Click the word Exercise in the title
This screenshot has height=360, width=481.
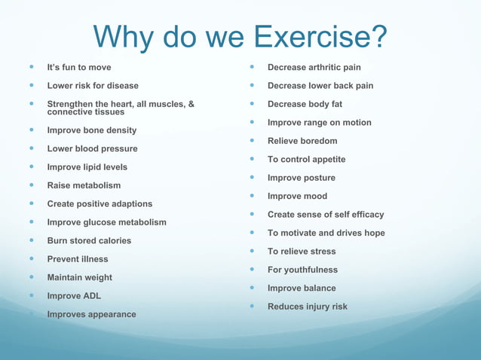(321, 35)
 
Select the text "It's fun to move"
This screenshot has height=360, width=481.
(78, 68)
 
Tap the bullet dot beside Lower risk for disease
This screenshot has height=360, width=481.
(32, 86)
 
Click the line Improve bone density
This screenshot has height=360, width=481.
(92, 130)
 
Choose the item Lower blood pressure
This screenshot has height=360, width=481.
(92, 148)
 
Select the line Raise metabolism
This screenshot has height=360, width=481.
(84, 185)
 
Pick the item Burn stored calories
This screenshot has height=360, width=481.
(89, 241)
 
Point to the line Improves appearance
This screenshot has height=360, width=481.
(92, 314)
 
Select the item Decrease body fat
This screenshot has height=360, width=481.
(305, 104)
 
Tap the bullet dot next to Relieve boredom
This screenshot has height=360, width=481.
(252, 141)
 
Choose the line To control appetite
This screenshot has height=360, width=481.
(306, 160)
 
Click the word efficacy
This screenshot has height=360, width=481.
(361, 215)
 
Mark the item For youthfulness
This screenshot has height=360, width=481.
(302, 270)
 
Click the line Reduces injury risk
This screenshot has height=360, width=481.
(308, 307)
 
